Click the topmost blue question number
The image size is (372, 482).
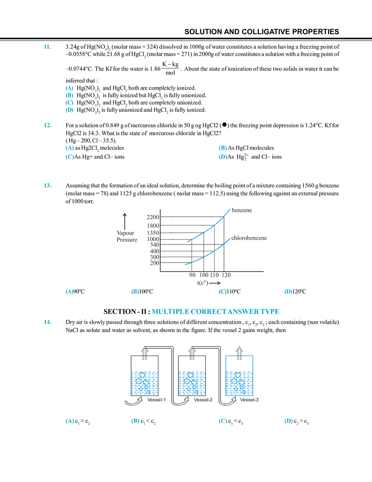pyautogui.click(x=46, y=47)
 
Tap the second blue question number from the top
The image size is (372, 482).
pyautogui.click(x=46, y=125)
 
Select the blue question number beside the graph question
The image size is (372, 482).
pyautogui.click(x=46, y=185)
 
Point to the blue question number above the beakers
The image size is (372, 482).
pyautogui.click(x=46, y=322)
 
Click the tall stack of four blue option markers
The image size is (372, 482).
pyautogui.click(x=70, y=99)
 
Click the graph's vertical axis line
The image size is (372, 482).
pyautogui.click(x=160, y=237)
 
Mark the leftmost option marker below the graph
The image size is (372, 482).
pyautogui.click(x=69, y=292)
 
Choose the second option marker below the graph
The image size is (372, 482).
pyautogui.click(x=134, y=292)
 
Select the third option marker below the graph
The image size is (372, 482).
pyautogui.click(x=222, y=292)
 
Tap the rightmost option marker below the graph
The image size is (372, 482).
pyautogui.click(x=288, y=292)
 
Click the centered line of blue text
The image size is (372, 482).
pyautogui.click(x=216, y=312)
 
